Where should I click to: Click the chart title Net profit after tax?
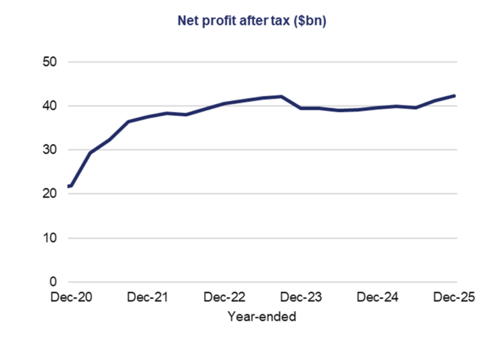click(x=252, y=21)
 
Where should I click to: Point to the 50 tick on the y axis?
click(x=50, y=62)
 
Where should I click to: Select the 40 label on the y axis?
click(x=50, y=106)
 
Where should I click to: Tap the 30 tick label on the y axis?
click(x=50, y=150)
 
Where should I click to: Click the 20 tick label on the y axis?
click(x=50, y=194)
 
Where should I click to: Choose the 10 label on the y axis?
click(x=50, y=238)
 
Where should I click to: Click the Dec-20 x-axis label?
click(x=71, y=298)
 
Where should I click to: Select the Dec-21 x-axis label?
click(x=148, y=298)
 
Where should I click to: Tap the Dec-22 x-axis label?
click(x=224, y=298)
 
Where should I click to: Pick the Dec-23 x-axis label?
click(x=301, y=298)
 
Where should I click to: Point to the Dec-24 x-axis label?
click(x=378, y=298)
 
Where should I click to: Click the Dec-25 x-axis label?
click(x=454, y=298)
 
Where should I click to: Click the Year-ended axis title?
click(x=262, y=316)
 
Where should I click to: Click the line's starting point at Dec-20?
click(x=70, y=186)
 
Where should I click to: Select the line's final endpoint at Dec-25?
click(x=454, y=96)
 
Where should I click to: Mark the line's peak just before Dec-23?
click(x=281, y=96)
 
